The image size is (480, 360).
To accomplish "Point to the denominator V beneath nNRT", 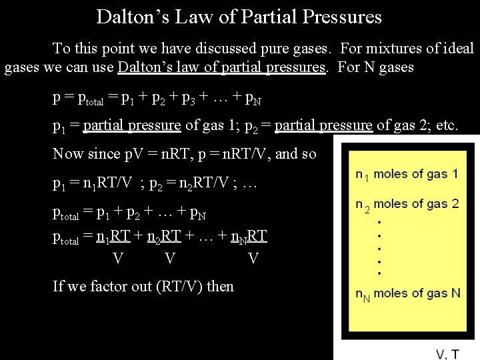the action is (x=253, y=258).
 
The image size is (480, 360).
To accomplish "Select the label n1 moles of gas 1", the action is (x=407, y=174).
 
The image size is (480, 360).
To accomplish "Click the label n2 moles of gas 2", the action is (x=407, y=204).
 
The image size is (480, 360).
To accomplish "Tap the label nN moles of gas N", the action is (x=407, y=293).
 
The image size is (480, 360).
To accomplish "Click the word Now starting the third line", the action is (x=69, y=154).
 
